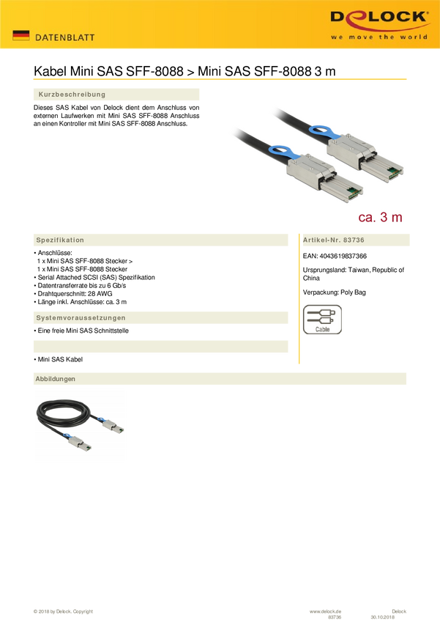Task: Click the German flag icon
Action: click(20, 35)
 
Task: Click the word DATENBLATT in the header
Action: click(65, 37)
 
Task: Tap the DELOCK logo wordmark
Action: click(379, 18)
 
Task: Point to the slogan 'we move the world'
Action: click(379, 36)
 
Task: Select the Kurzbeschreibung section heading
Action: click(72, 95)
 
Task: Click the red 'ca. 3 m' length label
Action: click(380, 217)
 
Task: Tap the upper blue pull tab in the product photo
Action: click(322, 133)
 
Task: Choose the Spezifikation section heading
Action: click(60, 240)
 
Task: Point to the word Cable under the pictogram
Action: click(322, 330)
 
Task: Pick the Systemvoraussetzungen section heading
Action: click(81, 317)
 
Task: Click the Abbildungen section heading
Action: click(56, 378)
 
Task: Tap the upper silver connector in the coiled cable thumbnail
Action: click(114, 427)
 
